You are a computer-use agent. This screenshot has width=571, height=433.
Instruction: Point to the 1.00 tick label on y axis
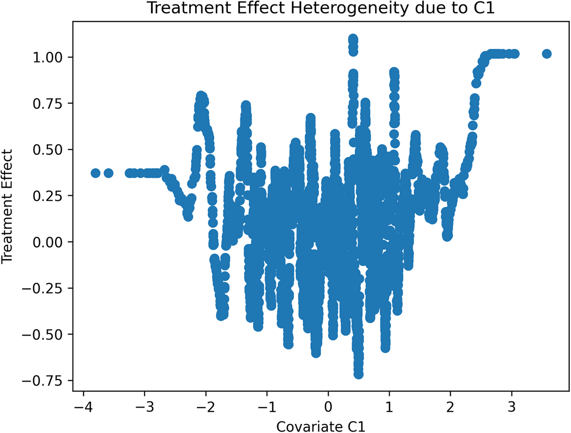(x=51, y=57)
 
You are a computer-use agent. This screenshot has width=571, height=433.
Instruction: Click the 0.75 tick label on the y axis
(x=51, y=103)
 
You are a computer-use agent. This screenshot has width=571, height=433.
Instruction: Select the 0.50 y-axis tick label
(x=51, y=149)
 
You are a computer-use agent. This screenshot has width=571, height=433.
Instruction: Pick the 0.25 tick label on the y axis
(x=51, y=195)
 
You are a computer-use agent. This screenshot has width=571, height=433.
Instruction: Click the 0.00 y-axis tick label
(x=51, y=242)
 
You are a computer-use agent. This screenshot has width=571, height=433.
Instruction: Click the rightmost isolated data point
(x=546, y=54)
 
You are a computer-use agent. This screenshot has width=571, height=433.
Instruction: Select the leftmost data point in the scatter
(x=95, y=173)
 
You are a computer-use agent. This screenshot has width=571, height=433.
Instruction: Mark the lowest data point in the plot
(x=359, y=374)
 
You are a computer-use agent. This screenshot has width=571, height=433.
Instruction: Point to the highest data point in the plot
(x=353, y=39)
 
